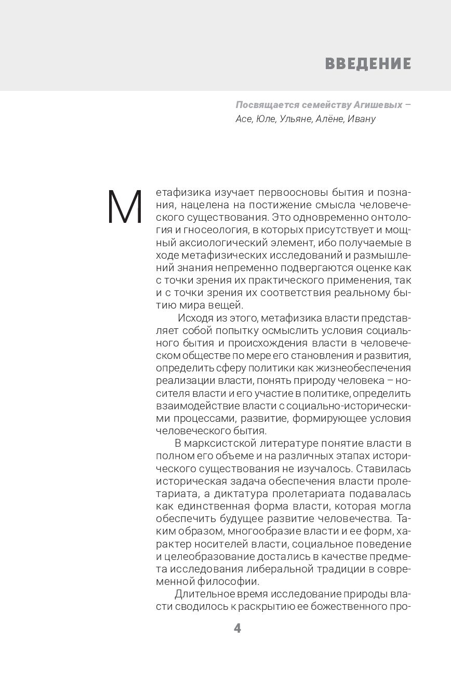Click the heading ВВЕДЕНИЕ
click(368, 64)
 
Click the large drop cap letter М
click(125, 208)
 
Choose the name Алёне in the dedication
click(329, 119)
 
